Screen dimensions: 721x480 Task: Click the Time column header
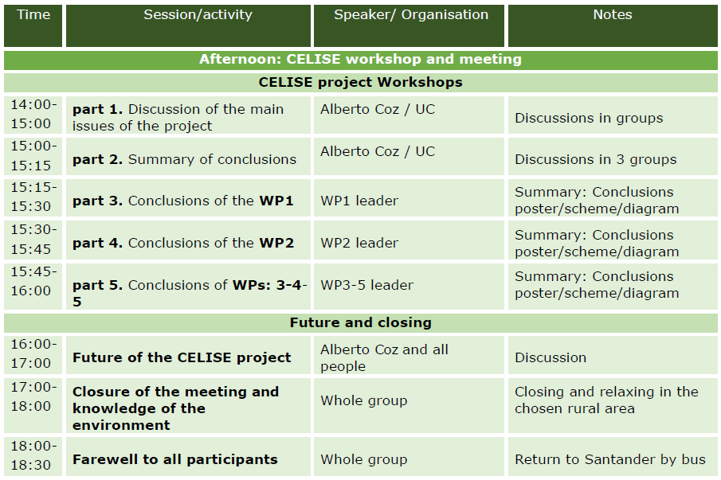[33, 25]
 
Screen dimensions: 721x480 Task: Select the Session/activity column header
[188, 25]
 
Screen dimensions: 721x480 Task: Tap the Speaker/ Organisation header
[409, 25]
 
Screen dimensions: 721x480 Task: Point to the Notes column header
[613, 25]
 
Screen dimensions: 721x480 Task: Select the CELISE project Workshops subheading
[360, 83]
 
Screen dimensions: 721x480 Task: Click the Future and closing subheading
[360, 323]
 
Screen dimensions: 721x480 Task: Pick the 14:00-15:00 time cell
[33, 115]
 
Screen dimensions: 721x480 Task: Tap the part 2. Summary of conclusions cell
[188, 157]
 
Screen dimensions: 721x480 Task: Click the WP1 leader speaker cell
[409, 198]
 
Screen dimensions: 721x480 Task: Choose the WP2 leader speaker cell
[409, 240]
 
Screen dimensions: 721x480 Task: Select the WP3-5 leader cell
[409, 287]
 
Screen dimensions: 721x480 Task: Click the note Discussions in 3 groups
[613, 157]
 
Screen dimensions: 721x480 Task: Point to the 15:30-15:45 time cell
[33, 240]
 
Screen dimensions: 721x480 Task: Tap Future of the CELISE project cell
[188, 355]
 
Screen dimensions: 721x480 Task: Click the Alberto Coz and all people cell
[409, 355]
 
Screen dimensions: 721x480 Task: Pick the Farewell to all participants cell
[188, 457]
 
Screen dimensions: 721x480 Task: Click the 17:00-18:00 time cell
[33, 406]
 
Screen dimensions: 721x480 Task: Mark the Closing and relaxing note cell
[613, 406]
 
